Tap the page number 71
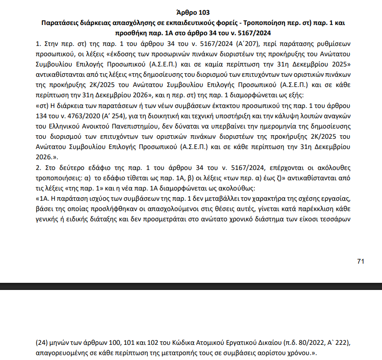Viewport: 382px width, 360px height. [x=361, y=261]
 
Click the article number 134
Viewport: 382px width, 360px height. [x=41, y=116]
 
